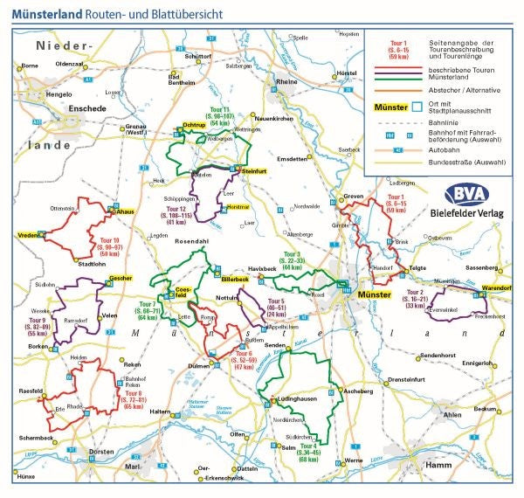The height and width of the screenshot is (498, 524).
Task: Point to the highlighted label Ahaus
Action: click(x=124, y=211)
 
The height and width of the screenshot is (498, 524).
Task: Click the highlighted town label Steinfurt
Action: click(x=253, y=171)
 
